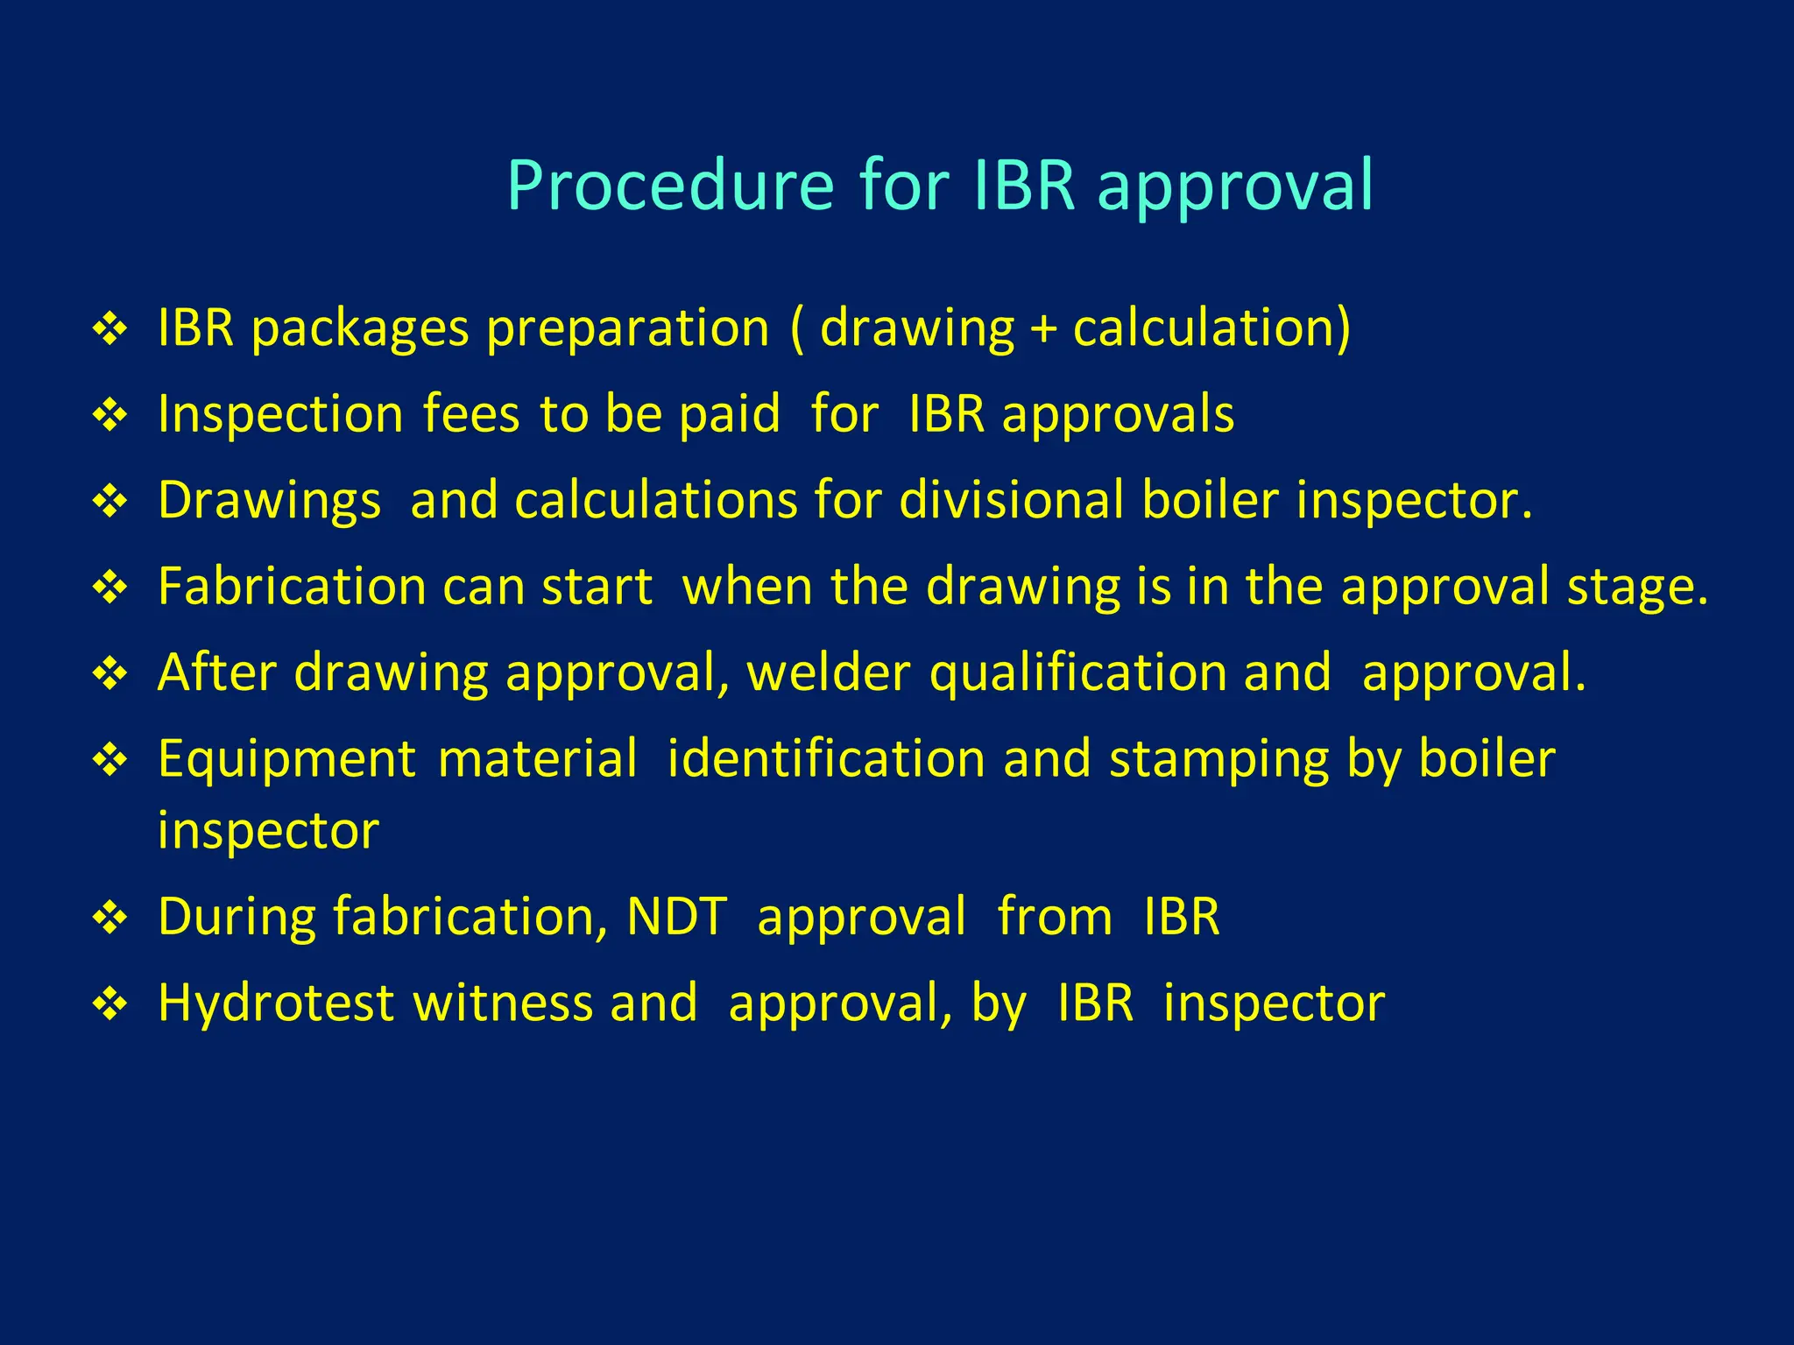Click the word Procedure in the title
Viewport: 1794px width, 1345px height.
(670, 186)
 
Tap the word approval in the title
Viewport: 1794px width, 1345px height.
(1235, 186)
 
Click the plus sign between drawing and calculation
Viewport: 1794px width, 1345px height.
(1043, 329)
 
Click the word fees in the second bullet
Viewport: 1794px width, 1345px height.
(471, 413)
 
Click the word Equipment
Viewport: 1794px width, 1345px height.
(286, 758)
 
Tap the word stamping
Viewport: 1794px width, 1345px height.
(1218, 758)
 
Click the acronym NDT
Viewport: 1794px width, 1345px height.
(676, 917)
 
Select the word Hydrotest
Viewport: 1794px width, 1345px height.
(276, 1003)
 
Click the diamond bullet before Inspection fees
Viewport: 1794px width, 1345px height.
(110, 414)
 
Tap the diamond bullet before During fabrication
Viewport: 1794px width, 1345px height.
(110, 918)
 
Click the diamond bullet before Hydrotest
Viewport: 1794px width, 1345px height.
(110, 1003)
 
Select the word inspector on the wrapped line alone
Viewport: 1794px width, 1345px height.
(268, 830)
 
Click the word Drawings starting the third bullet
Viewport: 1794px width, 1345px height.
(269, 500)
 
